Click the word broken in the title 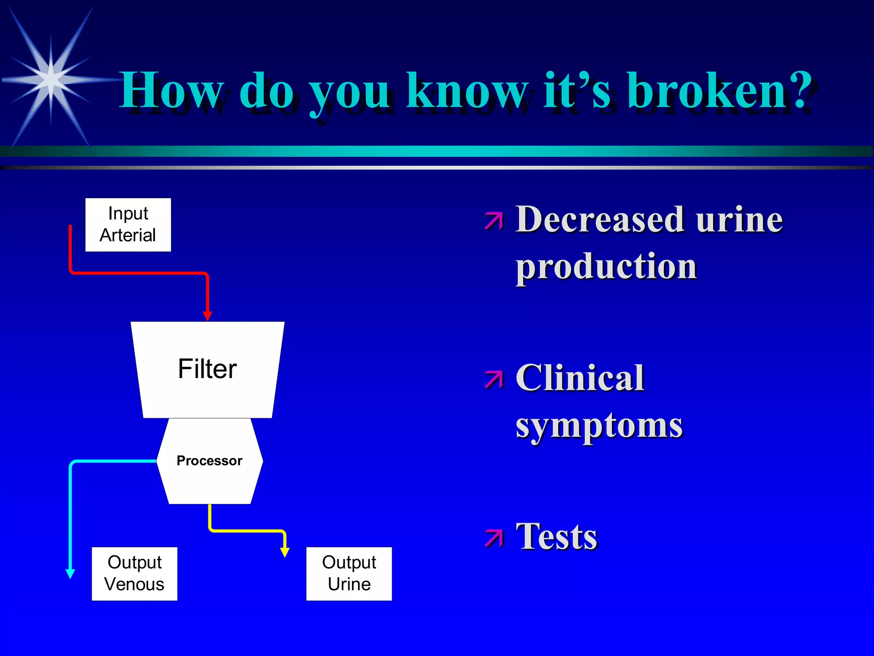[708, 91]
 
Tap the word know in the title [467, 91]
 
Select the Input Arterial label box [128, 225]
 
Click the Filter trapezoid [207, 369]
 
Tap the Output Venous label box [134, 574]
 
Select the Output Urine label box [349, 574]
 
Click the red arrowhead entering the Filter [207, 316]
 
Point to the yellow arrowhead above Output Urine [285, 552]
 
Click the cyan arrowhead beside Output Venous [70, 574]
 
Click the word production [606, 267]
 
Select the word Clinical [580, 378]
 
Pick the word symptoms [599, 426]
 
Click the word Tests [556, 537]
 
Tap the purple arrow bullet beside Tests [494, 538]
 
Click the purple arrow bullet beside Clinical [494, 379]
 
